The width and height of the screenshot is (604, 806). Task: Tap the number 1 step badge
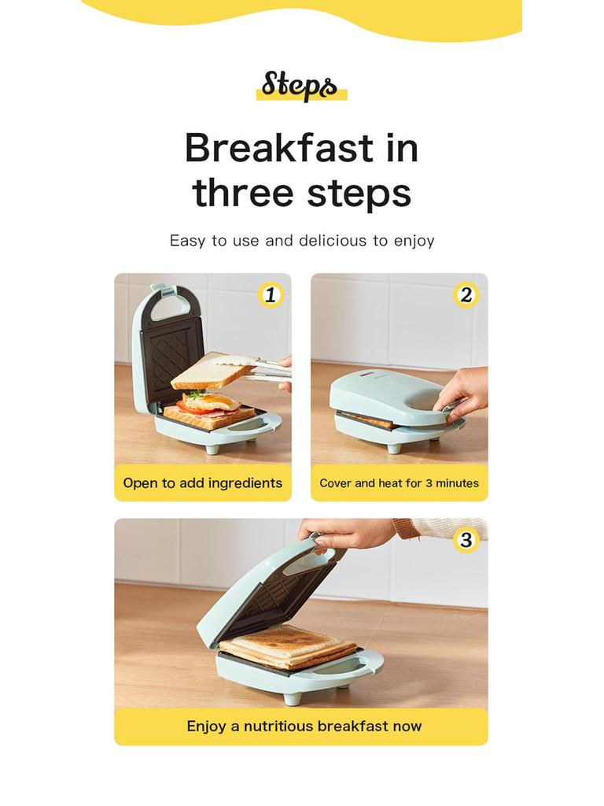click(271, 295)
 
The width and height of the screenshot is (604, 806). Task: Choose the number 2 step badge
click(466, 295)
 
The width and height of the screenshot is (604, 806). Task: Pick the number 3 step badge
click(466, 540)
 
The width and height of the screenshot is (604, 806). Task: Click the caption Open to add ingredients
click(202, 483)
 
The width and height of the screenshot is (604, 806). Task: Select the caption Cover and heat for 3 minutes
click(399, 483)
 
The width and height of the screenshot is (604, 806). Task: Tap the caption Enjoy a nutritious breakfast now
click(304, 727)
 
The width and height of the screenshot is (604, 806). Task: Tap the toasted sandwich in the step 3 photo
click(286, 646)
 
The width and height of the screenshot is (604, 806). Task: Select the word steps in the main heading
click(360, 193)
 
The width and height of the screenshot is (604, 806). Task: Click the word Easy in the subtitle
click(187, 241)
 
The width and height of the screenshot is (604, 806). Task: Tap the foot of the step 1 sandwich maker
click(213, 449)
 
